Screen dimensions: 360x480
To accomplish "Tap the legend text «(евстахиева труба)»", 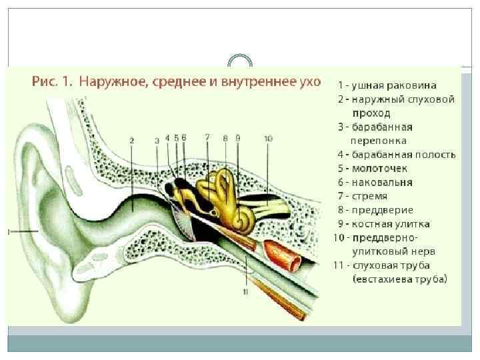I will click(x=400, y=279).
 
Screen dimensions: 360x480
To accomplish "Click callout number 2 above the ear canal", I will click(x=132, y=141).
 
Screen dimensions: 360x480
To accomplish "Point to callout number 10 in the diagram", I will click(x=267, y=139).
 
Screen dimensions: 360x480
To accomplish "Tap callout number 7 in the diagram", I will click(x=207, y=137).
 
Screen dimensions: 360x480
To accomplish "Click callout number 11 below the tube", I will click(x=245, y=292).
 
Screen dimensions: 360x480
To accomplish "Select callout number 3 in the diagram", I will click(x=157, y=140).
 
